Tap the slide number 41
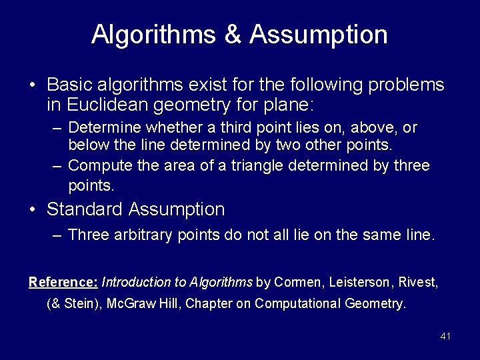pyautogui.click(x=445, y=336)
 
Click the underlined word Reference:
pyautogui.click(x=63, y=282)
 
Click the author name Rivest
pyautogui.click(x=417, y=282)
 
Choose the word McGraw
pyautogui.click(x=122, y=304)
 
